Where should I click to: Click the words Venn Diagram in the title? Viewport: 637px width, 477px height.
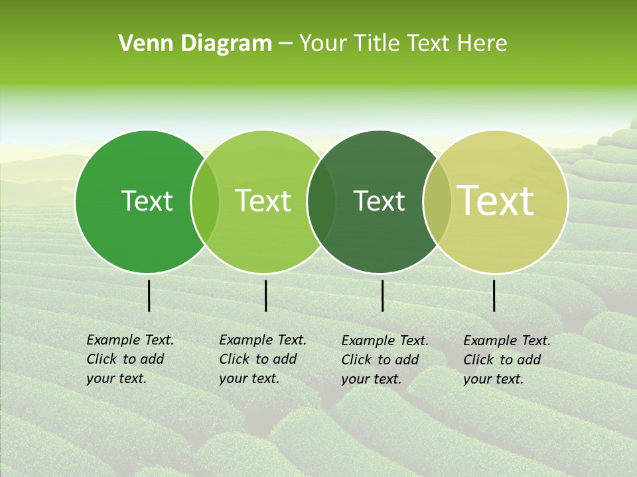point(195,44)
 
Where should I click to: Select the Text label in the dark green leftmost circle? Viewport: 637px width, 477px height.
point(147,201)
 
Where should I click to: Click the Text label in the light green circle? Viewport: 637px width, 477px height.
point(263,201)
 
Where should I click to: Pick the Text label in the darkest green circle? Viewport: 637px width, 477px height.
point(380,201)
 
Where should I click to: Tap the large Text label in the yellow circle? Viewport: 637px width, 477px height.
point(496,201)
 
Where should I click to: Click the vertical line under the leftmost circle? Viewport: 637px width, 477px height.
point(149,295)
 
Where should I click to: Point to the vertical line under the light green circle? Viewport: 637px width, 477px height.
point(265,295)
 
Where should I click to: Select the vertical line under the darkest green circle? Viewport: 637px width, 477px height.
point(382,295)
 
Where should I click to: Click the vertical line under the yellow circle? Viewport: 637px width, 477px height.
point(494,295)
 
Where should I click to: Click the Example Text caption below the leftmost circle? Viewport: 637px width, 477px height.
point(130,359)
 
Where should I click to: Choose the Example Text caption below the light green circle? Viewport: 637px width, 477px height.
point(263,359)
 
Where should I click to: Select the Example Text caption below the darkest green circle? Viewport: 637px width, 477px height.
point(385,360)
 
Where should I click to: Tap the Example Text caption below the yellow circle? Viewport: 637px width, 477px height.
point(507,360)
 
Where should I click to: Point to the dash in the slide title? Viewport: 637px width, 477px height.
point(285,44)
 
